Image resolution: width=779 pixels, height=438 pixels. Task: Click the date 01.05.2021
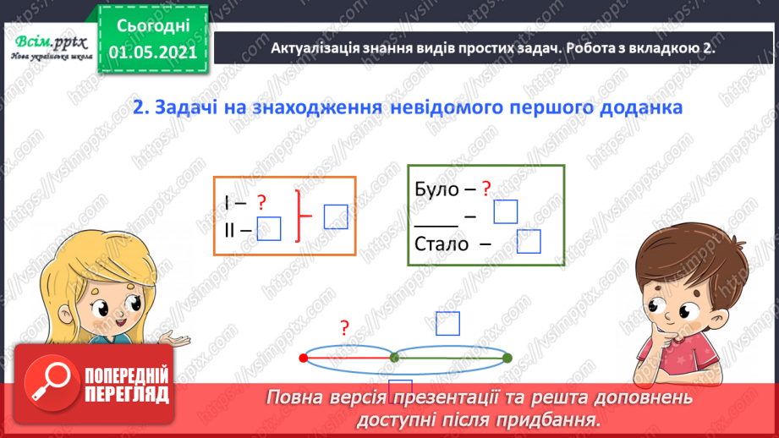[153, 51]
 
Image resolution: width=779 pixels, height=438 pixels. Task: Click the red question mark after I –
[261, 202]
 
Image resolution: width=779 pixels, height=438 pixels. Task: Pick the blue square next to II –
[268, 227]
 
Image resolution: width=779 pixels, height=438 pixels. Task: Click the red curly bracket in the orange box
[299, 216]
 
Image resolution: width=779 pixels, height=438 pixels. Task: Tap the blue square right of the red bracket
[336, 216]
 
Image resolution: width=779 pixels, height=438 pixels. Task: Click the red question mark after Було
[486, 189]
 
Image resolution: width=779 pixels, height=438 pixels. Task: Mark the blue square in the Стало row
[528, 242]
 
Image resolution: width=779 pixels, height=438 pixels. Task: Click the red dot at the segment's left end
[303, 359]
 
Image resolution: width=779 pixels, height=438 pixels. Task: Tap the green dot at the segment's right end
[507, 359]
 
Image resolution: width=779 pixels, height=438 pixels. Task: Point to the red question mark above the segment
[344, 328]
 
